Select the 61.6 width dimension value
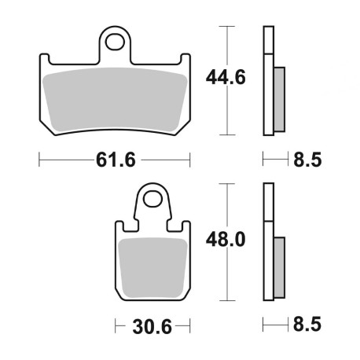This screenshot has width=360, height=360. (116, 160)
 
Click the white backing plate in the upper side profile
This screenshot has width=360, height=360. (268, 79)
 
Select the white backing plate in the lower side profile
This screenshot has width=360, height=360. (268, 244)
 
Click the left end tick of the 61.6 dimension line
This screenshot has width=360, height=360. (39, 160)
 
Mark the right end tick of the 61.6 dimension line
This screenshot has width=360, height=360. (191, 160)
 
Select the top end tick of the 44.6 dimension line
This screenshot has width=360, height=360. (227, 27)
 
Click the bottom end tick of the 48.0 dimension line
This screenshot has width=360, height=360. (227, 302)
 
